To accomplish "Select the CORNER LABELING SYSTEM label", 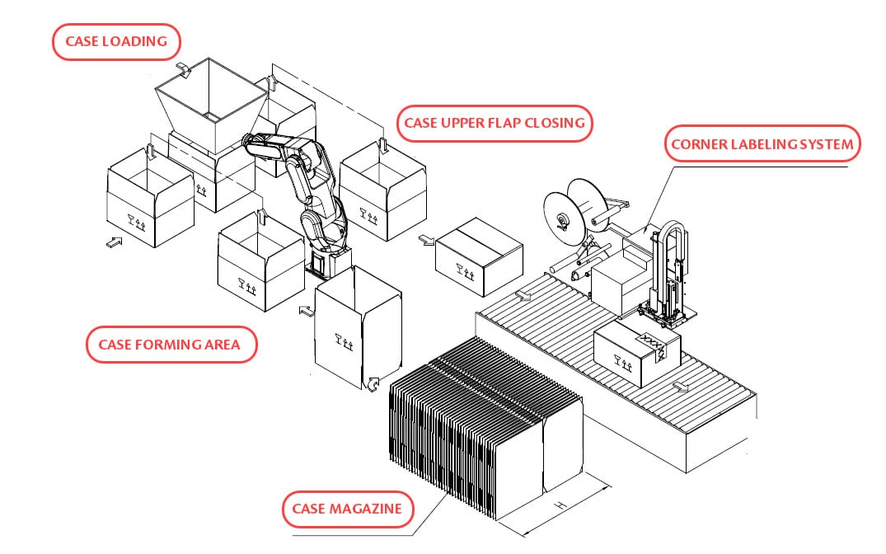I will point(762,144).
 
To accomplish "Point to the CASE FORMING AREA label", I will point(170,344).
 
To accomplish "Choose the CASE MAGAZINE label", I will point(347,509).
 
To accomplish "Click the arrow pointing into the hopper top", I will point(185,68).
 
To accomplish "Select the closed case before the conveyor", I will point(479,256).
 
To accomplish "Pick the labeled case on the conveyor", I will point(635,350).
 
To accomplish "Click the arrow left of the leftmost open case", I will point(114,242).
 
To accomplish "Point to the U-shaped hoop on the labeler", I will point(668,247).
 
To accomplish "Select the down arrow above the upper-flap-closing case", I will point(383,146).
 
